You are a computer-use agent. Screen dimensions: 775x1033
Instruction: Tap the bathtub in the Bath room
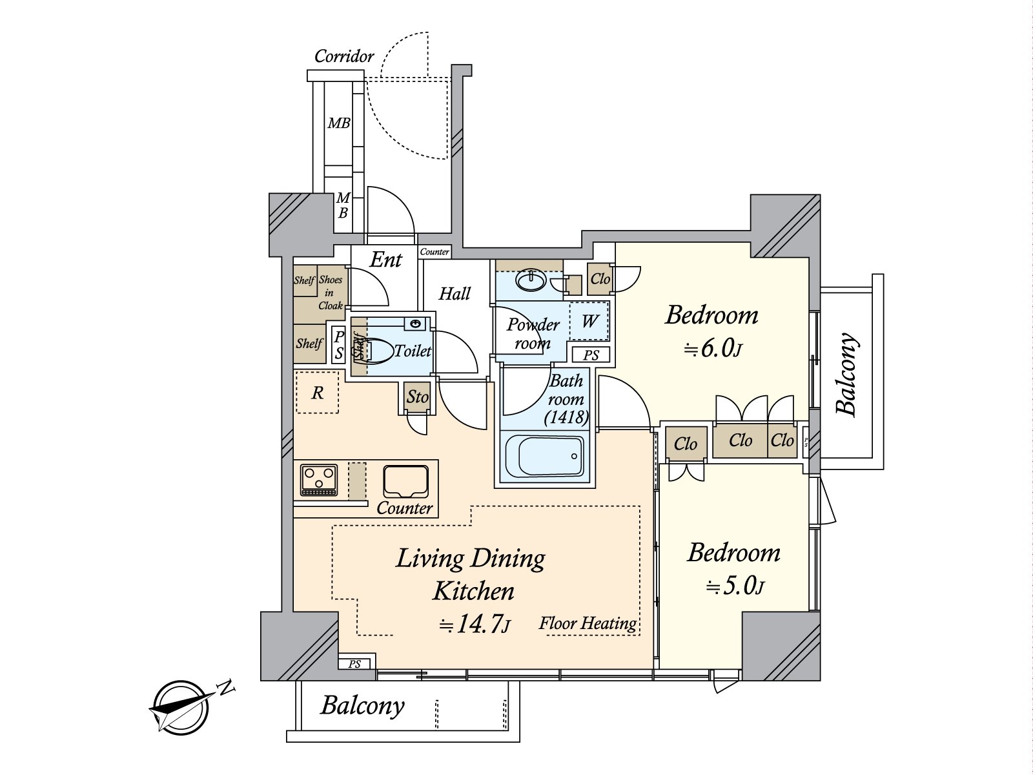click(x=544, y=457)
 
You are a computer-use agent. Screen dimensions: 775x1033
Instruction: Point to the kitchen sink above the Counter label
click(x=405, y=482)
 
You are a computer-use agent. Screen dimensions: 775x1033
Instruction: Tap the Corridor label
click(x=344, y=57)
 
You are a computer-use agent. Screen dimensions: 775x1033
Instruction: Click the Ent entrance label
click(x=385, y=260)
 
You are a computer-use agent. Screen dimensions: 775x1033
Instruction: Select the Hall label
click(x=455, y=294)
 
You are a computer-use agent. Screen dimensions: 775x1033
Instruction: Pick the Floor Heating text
click(x=588, y=624)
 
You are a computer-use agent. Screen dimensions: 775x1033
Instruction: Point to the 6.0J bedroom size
click(x=713, y=349)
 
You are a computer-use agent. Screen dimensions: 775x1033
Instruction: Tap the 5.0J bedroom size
click(x=735, y=587)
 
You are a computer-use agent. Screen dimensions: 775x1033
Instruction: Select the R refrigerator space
click(x=317, y=393)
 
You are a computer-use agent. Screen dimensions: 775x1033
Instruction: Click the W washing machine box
click(x=589, y=321)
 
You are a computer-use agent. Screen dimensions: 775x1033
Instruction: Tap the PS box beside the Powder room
click(x=591, y=355)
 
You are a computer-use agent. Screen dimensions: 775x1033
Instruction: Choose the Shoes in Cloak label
click(x=330, y=293)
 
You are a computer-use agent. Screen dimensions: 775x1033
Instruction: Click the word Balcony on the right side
click(x=847, y=374)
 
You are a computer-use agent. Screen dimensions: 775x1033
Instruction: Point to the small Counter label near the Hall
click(x=435, y=252)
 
